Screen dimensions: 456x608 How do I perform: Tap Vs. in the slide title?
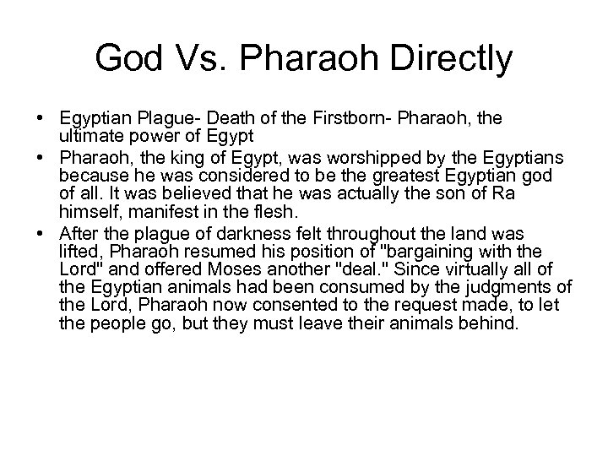point(206,58)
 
